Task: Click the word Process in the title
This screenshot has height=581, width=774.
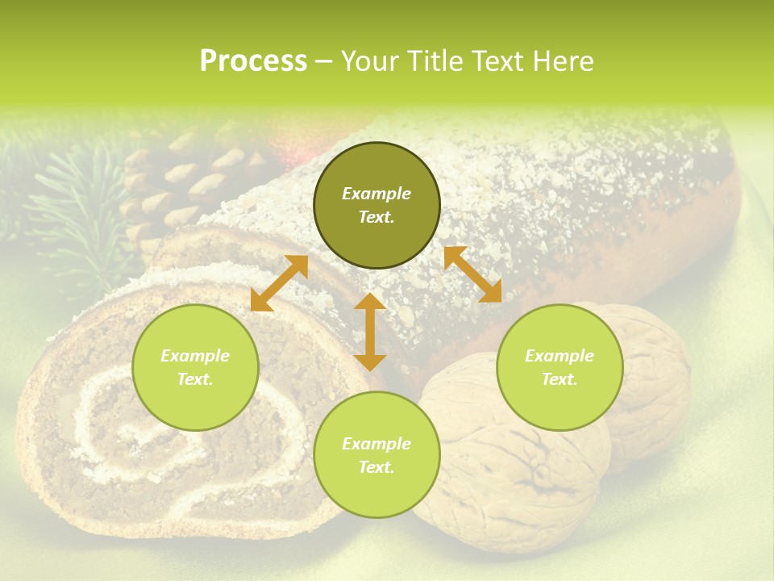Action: coord(253,61)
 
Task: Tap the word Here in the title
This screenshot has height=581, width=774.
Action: coord(562,61)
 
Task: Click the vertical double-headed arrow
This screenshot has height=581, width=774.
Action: coord(370,332)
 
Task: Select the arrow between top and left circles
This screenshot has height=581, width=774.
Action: coord(279,283)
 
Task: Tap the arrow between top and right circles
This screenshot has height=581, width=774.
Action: coord(472,274)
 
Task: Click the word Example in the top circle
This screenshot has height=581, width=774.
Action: coord(377,194)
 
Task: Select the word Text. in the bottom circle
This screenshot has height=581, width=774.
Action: coord(377,467)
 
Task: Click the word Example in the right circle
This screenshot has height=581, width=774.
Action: coord(560,356)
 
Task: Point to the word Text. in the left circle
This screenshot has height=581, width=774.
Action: coord(195,379)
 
